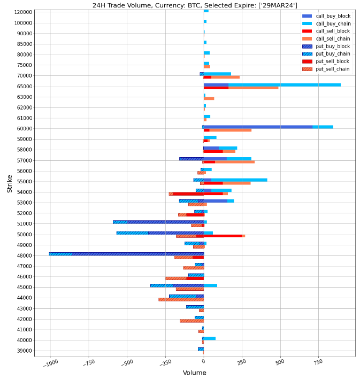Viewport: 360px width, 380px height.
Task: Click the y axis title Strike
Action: click(10, 183)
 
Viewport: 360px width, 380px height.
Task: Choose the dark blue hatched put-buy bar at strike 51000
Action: click(165, 222)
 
